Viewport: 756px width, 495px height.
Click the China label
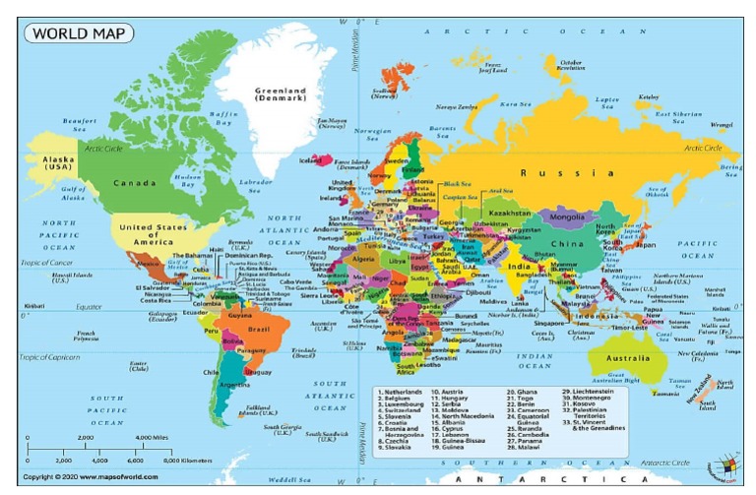pyautogui.click(x=566, y=243)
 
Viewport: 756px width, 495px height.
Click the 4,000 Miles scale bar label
pyautogui.click(x=153, y=437)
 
